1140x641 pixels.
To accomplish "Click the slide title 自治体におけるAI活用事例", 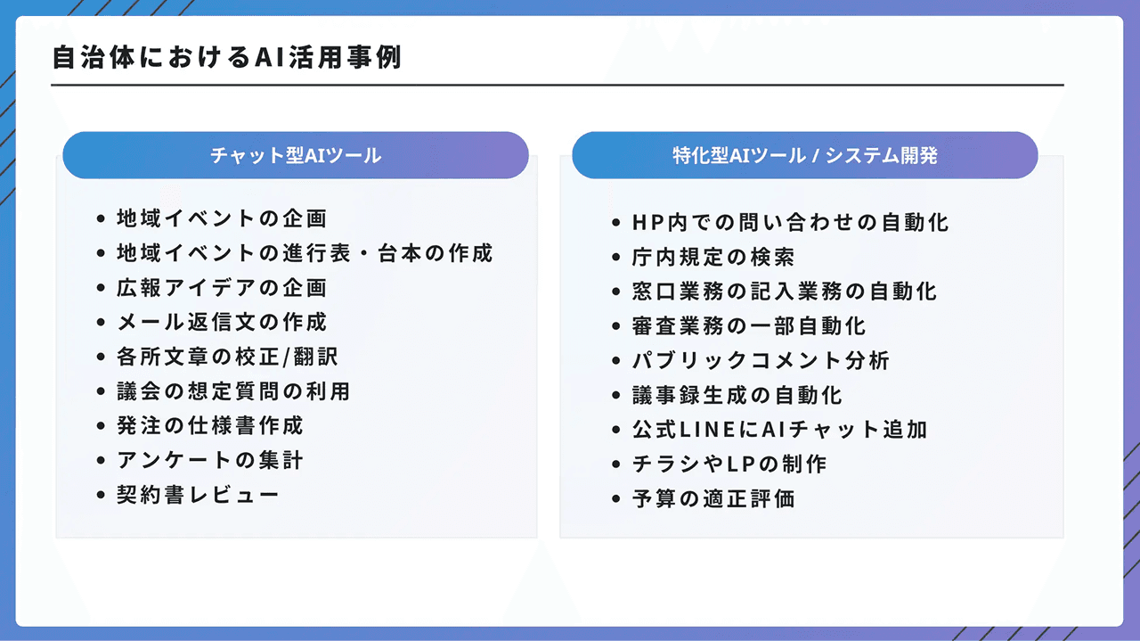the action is pos(227,58).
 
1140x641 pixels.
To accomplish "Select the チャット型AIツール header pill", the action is pos(296,155).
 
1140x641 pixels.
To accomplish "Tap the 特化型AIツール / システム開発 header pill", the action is pos(804,155).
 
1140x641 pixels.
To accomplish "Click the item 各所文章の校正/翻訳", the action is pos(227,357).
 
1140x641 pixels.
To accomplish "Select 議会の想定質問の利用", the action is pos(232,391).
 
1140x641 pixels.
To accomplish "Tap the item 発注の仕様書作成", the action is pos(210,426).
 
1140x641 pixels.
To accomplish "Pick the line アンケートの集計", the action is pos(210,461).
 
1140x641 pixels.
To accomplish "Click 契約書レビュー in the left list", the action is pos(198,495).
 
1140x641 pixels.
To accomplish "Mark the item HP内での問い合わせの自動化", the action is pos(790,222).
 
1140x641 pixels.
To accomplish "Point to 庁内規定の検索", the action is pos(713,258).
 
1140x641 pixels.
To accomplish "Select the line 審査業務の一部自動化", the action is pos(749,326).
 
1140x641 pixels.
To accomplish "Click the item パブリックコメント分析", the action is pos(761,361).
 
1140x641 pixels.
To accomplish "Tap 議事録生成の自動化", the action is pos(737,395).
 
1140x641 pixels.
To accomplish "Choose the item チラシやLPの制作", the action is pos(730,464).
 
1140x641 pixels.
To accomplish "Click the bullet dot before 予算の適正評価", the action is pos(615,499).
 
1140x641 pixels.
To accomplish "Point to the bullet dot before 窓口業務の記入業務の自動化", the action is pos(615,292).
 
